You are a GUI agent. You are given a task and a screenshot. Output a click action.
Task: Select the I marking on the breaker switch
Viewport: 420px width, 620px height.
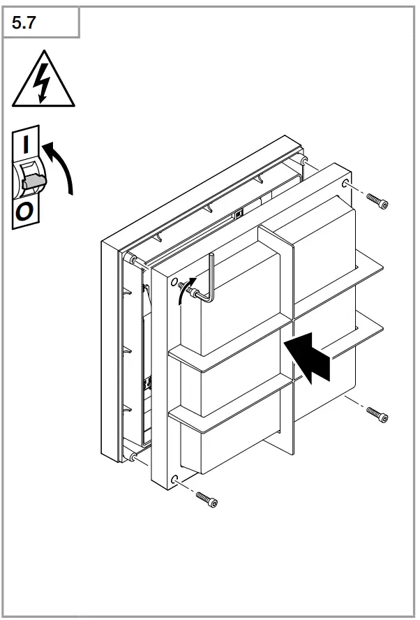[x=27, y=145]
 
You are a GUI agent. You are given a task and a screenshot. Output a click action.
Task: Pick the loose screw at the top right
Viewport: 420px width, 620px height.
[x=377, y=202]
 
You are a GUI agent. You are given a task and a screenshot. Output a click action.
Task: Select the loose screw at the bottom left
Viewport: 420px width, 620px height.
[x=207, y=499]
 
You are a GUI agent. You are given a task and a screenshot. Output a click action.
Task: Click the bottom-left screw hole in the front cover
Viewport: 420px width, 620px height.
[x=174, y=480]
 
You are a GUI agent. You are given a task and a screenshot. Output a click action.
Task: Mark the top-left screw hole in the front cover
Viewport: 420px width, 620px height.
[x=173, y=283]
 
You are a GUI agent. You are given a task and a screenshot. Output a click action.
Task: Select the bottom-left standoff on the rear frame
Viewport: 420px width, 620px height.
[x=132, y=457]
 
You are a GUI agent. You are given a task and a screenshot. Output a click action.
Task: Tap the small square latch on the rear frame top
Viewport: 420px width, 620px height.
[x=238, y=214]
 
